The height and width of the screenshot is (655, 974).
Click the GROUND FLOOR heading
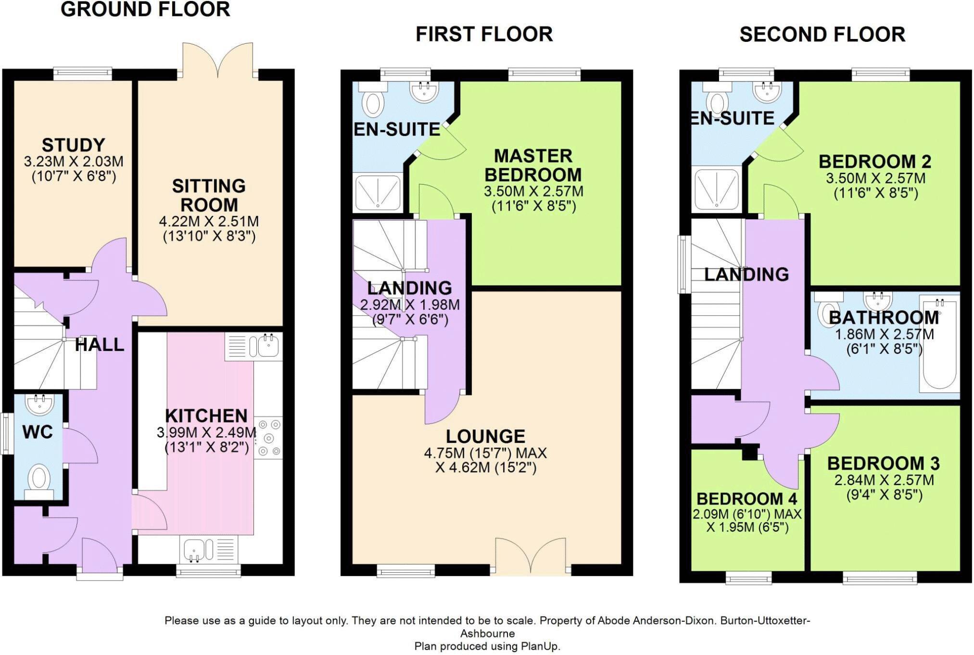coord(145,10)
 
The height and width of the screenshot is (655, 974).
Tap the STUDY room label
coord(74,145)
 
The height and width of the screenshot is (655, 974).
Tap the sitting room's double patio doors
coord(218,60)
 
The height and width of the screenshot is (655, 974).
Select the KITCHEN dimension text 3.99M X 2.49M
coord(206,432)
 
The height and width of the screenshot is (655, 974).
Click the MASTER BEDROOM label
coord(533,165)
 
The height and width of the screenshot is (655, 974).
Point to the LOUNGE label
coord(485,436)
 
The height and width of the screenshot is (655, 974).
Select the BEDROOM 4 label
coord(747,498)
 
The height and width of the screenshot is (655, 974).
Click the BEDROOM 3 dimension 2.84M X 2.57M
coord(884,480)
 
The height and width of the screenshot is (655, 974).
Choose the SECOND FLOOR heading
coord(822,35)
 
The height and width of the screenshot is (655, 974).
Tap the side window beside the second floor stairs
coord(684,264)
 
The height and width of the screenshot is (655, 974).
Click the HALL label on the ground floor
coord(100,344)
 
